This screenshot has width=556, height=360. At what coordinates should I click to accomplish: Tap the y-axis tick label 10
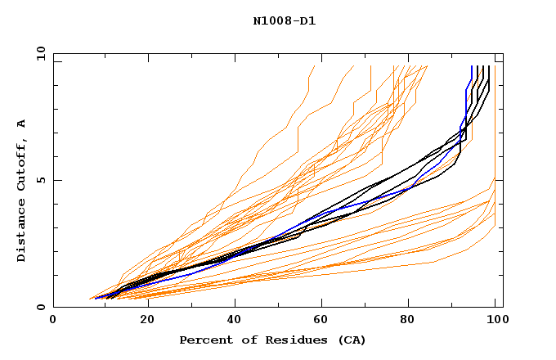39,52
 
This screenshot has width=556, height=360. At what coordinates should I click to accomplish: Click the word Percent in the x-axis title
203,340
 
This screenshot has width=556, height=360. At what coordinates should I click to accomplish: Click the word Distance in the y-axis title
22,230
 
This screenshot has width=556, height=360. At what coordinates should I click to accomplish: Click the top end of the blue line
472,66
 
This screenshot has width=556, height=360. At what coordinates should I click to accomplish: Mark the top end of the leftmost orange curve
314,66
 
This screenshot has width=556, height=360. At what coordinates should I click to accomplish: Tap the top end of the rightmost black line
489,66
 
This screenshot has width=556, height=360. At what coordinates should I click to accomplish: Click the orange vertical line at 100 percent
495,123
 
